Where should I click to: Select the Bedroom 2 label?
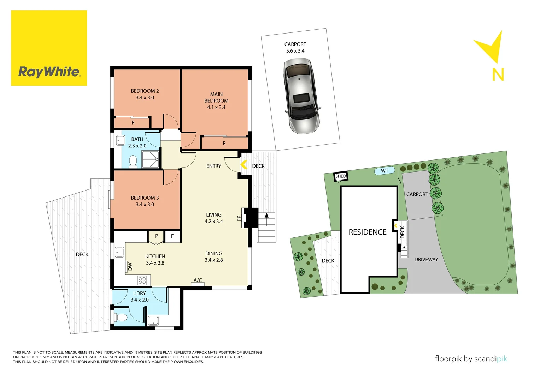pos(145,91)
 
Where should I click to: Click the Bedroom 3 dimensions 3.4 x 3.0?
pos(145,205)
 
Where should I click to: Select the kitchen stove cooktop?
pos(142,280)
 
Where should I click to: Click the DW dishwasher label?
pos(130,266)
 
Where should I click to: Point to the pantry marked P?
pos(156,236)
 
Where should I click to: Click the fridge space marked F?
pos(172,236)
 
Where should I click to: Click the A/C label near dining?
pos(198,280)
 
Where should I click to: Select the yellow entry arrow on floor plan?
pos(243,164)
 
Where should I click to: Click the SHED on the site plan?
pos(341,176)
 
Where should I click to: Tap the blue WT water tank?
pos(385,171)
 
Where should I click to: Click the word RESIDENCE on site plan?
pos(367,232)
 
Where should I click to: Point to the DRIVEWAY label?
pos(426,260)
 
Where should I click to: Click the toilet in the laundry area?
pos(121,317)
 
